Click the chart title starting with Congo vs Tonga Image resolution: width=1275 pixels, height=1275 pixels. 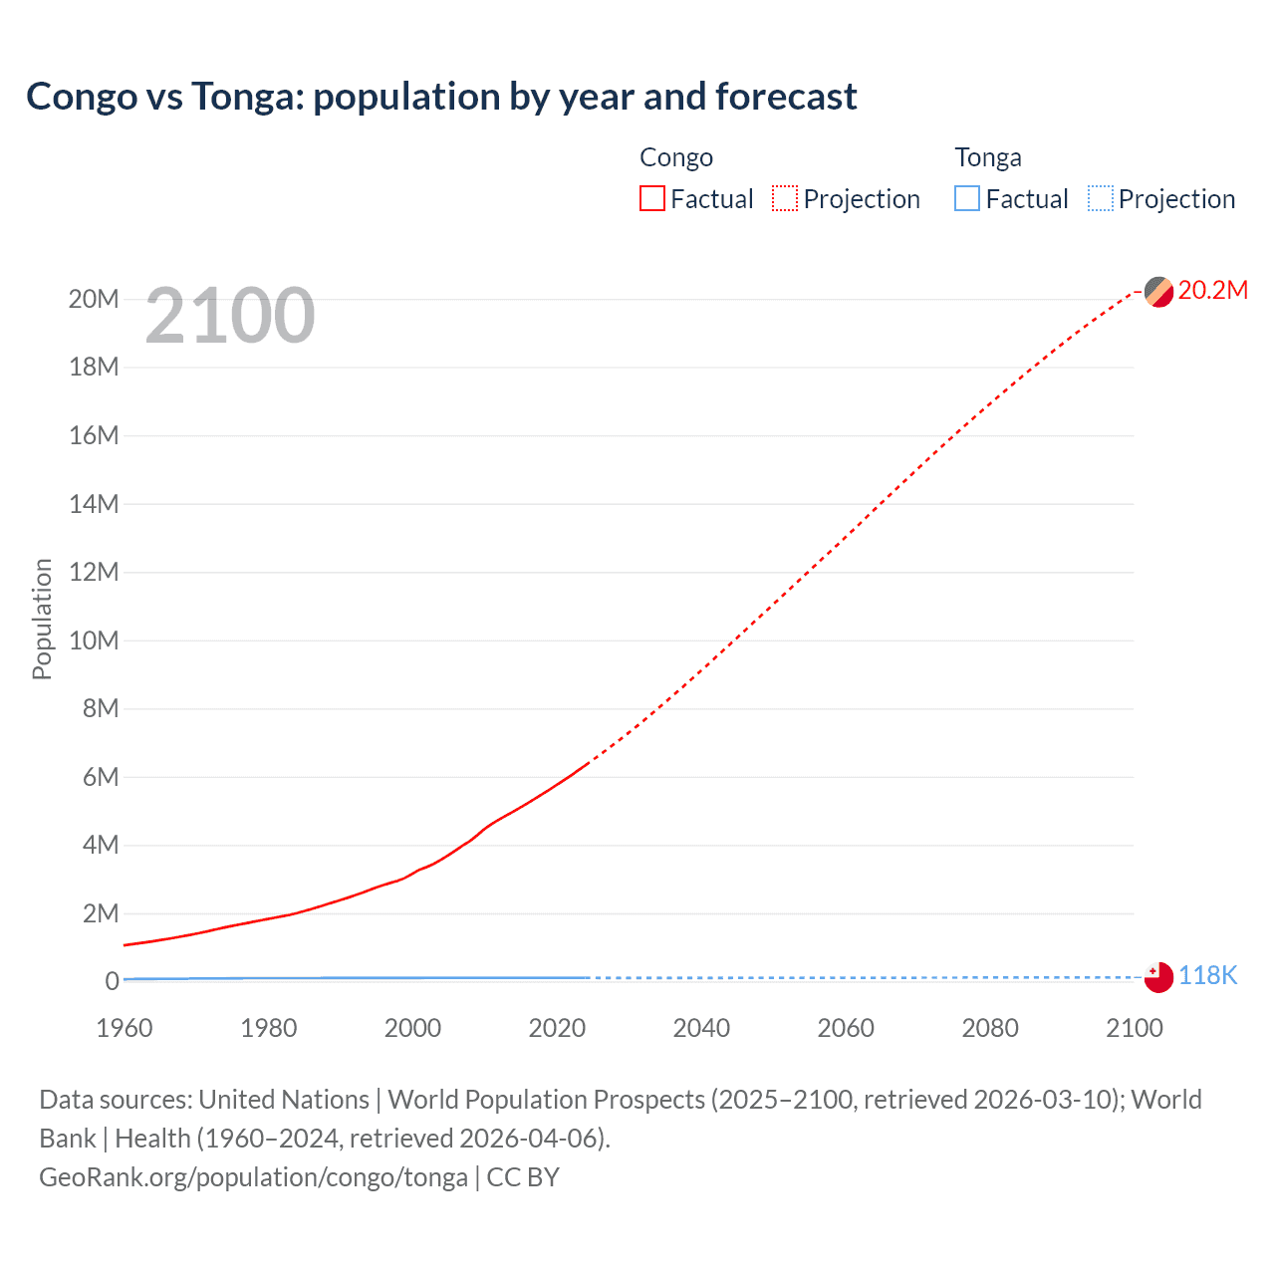(441, 97)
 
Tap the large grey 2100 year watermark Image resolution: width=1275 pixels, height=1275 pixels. (230, 316)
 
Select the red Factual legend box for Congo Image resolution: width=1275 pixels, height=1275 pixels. (652, 199)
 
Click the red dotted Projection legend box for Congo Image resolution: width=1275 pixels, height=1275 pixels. (785, 199)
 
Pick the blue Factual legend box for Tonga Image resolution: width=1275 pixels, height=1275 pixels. (967, 199)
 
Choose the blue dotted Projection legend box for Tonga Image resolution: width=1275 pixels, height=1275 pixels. (1101, 199)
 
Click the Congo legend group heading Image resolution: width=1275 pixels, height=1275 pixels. (676, 157)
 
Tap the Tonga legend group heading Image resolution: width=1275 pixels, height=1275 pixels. (988, 157)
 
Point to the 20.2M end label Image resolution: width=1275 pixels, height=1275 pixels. (1212, 290)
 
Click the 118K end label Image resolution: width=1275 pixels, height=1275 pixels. (1207, 976)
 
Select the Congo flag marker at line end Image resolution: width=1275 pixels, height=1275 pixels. (1158, 292)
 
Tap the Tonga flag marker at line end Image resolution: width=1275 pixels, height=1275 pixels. (1158, 977)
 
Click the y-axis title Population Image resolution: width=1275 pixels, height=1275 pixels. (42, 619)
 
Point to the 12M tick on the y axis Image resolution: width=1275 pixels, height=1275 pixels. (94, 572)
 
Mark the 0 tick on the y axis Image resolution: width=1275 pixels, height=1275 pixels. (112, 981)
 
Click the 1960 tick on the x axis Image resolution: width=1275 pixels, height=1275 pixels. (125, 1028)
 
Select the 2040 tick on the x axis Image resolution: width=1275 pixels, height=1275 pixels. (701, 1028)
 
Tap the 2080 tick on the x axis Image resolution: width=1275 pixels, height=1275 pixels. (990, 1028)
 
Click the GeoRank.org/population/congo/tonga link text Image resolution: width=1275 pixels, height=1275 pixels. (253, 1177)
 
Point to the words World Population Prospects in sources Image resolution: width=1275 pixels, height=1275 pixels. (546, 1100)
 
